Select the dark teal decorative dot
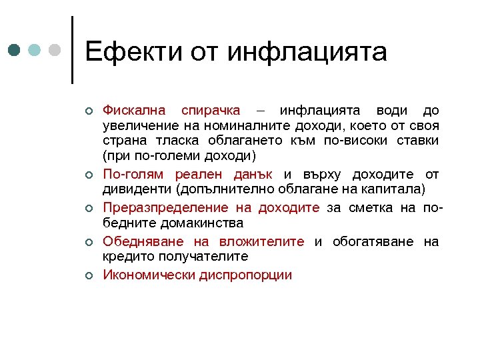pyautogui.click(x=15, y=50)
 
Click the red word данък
pyautogui.click(x=253, y=175)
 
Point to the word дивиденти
pyautogui.click(x=137, y=191)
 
